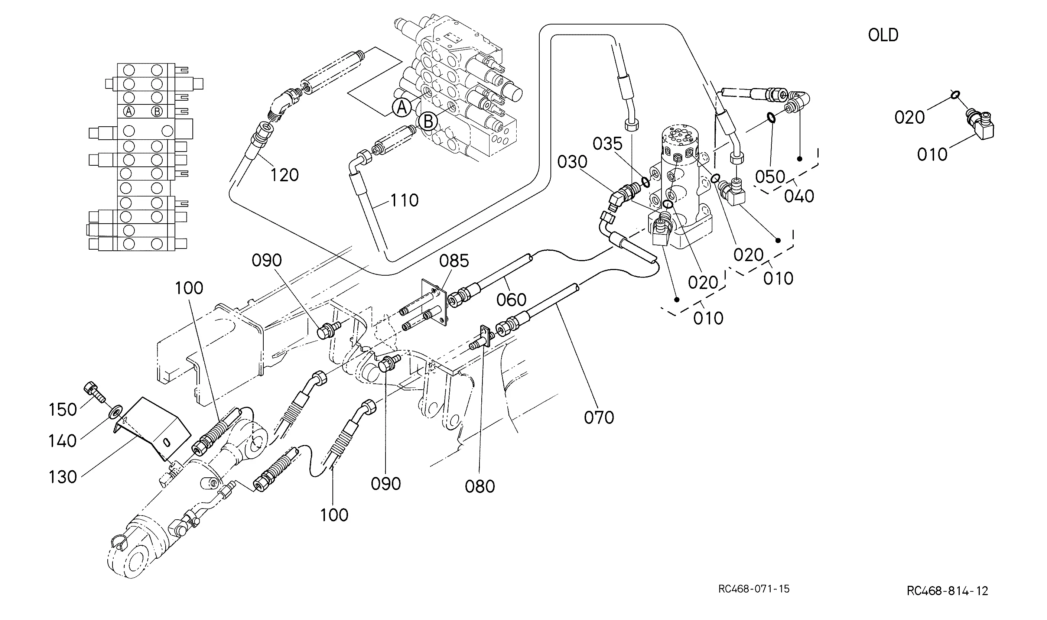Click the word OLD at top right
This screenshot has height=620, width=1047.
pos(883,35)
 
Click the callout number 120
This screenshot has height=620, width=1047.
pos(284,175)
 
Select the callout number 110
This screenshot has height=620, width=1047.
pos(404,201)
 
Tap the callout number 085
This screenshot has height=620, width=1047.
pos(454,261)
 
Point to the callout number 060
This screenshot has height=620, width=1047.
pos(511,300)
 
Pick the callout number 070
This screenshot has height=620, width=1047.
pos(599,418)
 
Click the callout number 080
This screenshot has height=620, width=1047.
pos(480,486)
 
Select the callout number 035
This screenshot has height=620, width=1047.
pos(608,144)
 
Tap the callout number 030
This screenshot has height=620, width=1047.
pos(572,162)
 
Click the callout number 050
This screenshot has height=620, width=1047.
pos(770,177)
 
